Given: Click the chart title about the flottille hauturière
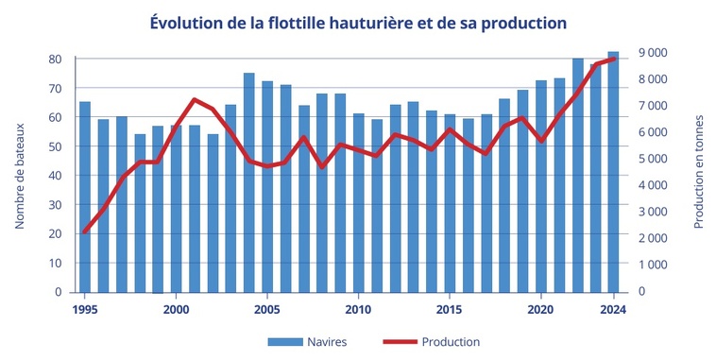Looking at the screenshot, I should pyautogui.click(x=358, y=21).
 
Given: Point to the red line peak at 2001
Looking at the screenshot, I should pyautogui.click(x=195, y=99).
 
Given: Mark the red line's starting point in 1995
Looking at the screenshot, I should pyautogui.click(x=85, y=231).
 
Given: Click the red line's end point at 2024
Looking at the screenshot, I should pyautogui.click(x=613, y=59).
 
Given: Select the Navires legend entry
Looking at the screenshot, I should pyautogui.click(x=308, y=341).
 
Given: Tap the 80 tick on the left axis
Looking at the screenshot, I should pyautogui.click(x=56, y=59).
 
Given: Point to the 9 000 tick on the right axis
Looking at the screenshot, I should pyautogui.click(x=655, y=53).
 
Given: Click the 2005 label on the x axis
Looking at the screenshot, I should pyautogui.click(x=267, y=308).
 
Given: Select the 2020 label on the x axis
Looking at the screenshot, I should pyautogui.click(x=540, y=308).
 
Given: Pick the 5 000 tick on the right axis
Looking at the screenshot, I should pyautogui.click(x=655, y=159).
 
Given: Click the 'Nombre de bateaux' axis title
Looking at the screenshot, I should pyautogui.click(x=19, y=176).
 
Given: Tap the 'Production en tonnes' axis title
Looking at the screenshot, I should pyautogui.click(x=698, y=172).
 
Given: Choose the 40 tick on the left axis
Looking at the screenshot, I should pyautogui.click(x=56, y=176).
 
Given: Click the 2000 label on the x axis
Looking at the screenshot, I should pyautogui.click(x=176, y=308).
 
